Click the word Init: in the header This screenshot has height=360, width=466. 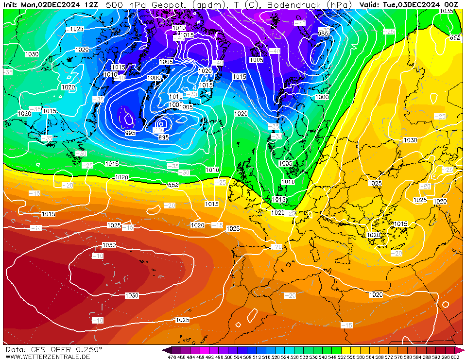click(x=11, y=4)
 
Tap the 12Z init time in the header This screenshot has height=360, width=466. click(x=90, y=4)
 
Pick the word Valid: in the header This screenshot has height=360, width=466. click(x=370, y=4)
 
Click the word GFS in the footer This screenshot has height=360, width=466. click(x=36, y=349)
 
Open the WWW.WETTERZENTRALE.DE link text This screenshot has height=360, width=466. click(x=48, y=357)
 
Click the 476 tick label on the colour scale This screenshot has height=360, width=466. click(x=172, y=358)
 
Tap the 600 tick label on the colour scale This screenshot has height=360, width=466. click(x=455, y=358)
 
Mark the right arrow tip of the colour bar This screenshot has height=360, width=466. click(x=463, y=350)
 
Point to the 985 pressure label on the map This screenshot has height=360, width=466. click(x=323, y=34)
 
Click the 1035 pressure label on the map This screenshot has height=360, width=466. click(x=446, y=11)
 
